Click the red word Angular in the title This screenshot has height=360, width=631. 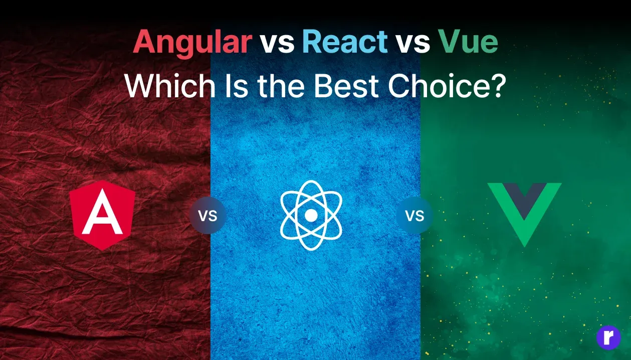click(192, 42)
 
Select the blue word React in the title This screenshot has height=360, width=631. click(345, 42)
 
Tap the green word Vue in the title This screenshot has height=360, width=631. click(468, 42)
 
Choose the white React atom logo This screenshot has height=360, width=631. click(311, 216)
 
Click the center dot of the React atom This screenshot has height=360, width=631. click(311, 216)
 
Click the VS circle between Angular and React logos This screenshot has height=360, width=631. click(207, 216)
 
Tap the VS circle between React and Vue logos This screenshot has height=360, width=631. click(414, 216)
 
